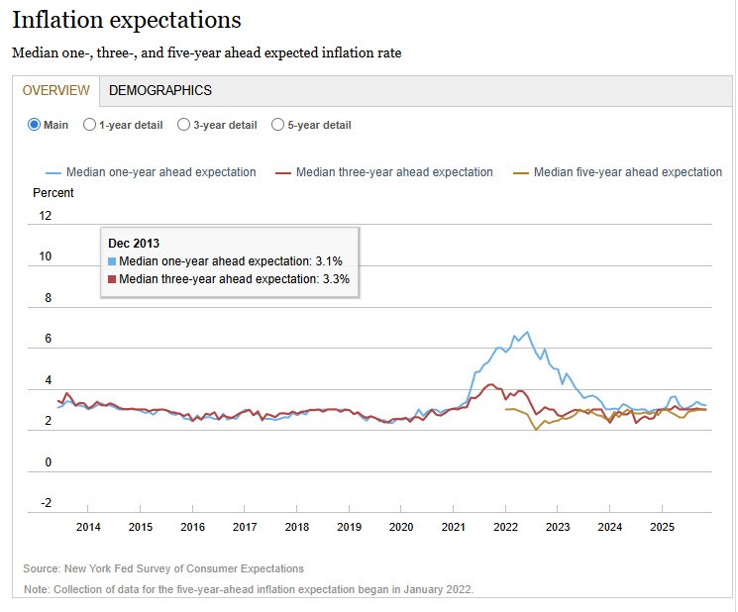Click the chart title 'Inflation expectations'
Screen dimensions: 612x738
pyautogui.click(x=126, y=20)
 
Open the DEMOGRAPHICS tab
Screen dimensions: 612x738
pyautogui.click(x=159, y=90)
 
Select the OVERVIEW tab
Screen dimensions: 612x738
pyautogui.click(x=55, y=90)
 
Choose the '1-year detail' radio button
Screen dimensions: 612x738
pyautogui.click(x=90, y=125)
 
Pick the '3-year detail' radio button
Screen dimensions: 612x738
pyautogui.click(x=183, y=125)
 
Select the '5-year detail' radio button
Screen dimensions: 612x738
pyautogui.click(x=277, y=125)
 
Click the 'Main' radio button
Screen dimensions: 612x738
pyautogui.click(x=34, y=125)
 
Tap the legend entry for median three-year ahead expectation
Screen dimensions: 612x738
pyautogui.click(x=394, y=172)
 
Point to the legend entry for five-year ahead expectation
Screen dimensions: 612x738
pyautogui.click(x=627, y=172)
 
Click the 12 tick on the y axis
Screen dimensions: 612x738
pyautogui.click(x=45, y=215)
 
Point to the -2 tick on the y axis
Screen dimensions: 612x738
pyautogui.click(x=45, y=503)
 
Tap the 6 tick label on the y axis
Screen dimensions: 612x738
pyautogui.click(x=47, y=339)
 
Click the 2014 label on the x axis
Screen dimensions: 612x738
pyautogui.click(x=88, y=527)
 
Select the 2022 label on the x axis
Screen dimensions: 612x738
pyautogui.click(x=505, y=527)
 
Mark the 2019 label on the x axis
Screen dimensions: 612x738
pyautogui.click(x=349, y=527)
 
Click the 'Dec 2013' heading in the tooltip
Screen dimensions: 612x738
pyautogui.click(x=134, y=243)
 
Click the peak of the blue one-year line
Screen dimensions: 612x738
pyautogui.click(x=526, y=332)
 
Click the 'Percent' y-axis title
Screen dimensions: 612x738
pyautogui.click(x=53, y=192)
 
